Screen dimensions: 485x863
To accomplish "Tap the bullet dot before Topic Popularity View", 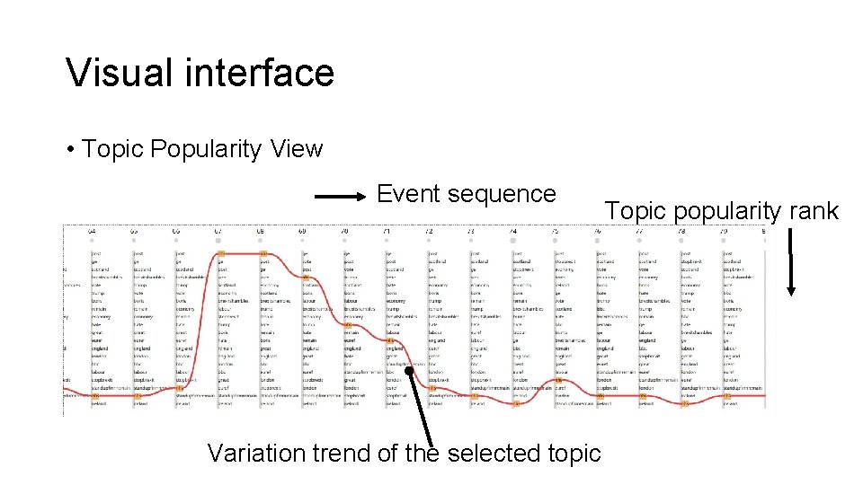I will tap(70, 150).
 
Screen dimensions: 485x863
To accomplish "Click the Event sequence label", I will tap(466, 193).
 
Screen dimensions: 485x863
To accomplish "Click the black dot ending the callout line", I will tap(408, 369).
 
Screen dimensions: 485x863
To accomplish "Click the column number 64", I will tap(92, 232).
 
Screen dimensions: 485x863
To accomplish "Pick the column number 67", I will tap(218, 232).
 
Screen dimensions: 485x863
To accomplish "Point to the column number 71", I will tap(387, 232).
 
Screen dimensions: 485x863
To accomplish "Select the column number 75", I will tap(556, 232).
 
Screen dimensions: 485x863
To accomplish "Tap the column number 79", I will tap(725, 232).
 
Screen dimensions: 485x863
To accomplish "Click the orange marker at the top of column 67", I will tap(220, 253).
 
